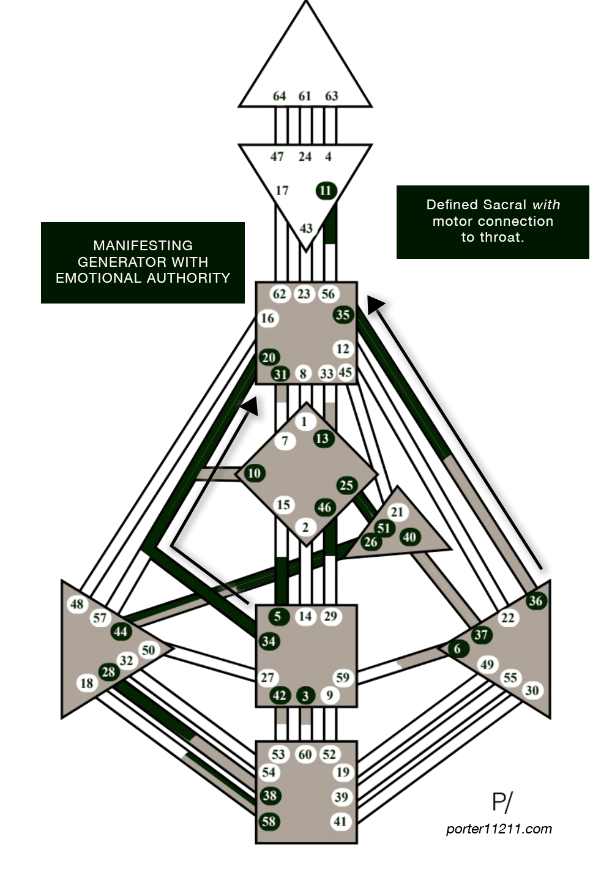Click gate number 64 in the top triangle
[x=280, y=96]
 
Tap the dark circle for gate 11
[x=326, y=190]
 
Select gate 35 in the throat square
[x=343, y=315]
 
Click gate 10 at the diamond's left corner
[x=254, y=473]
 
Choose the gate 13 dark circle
[x=323, y=438]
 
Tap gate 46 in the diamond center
[x=324, y=507]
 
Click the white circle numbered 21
[x=397, y=512]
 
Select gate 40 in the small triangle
[x=409, y=537]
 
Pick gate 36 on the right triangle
[x=535, y=600]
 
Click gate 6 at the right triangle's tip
[x=457, y=649]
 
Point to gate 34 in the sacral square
[x=268, y=641]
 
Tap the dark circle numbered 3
[x=305, y=696]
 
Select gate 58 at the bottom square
[x=268, y=821]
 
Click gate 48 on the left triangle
[x=77, y=605]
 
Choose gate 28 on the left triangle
[x=108, y=672]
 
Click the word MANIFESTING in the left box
[x=143, y=245]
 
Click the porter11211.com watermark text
[x=499, y=829]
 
